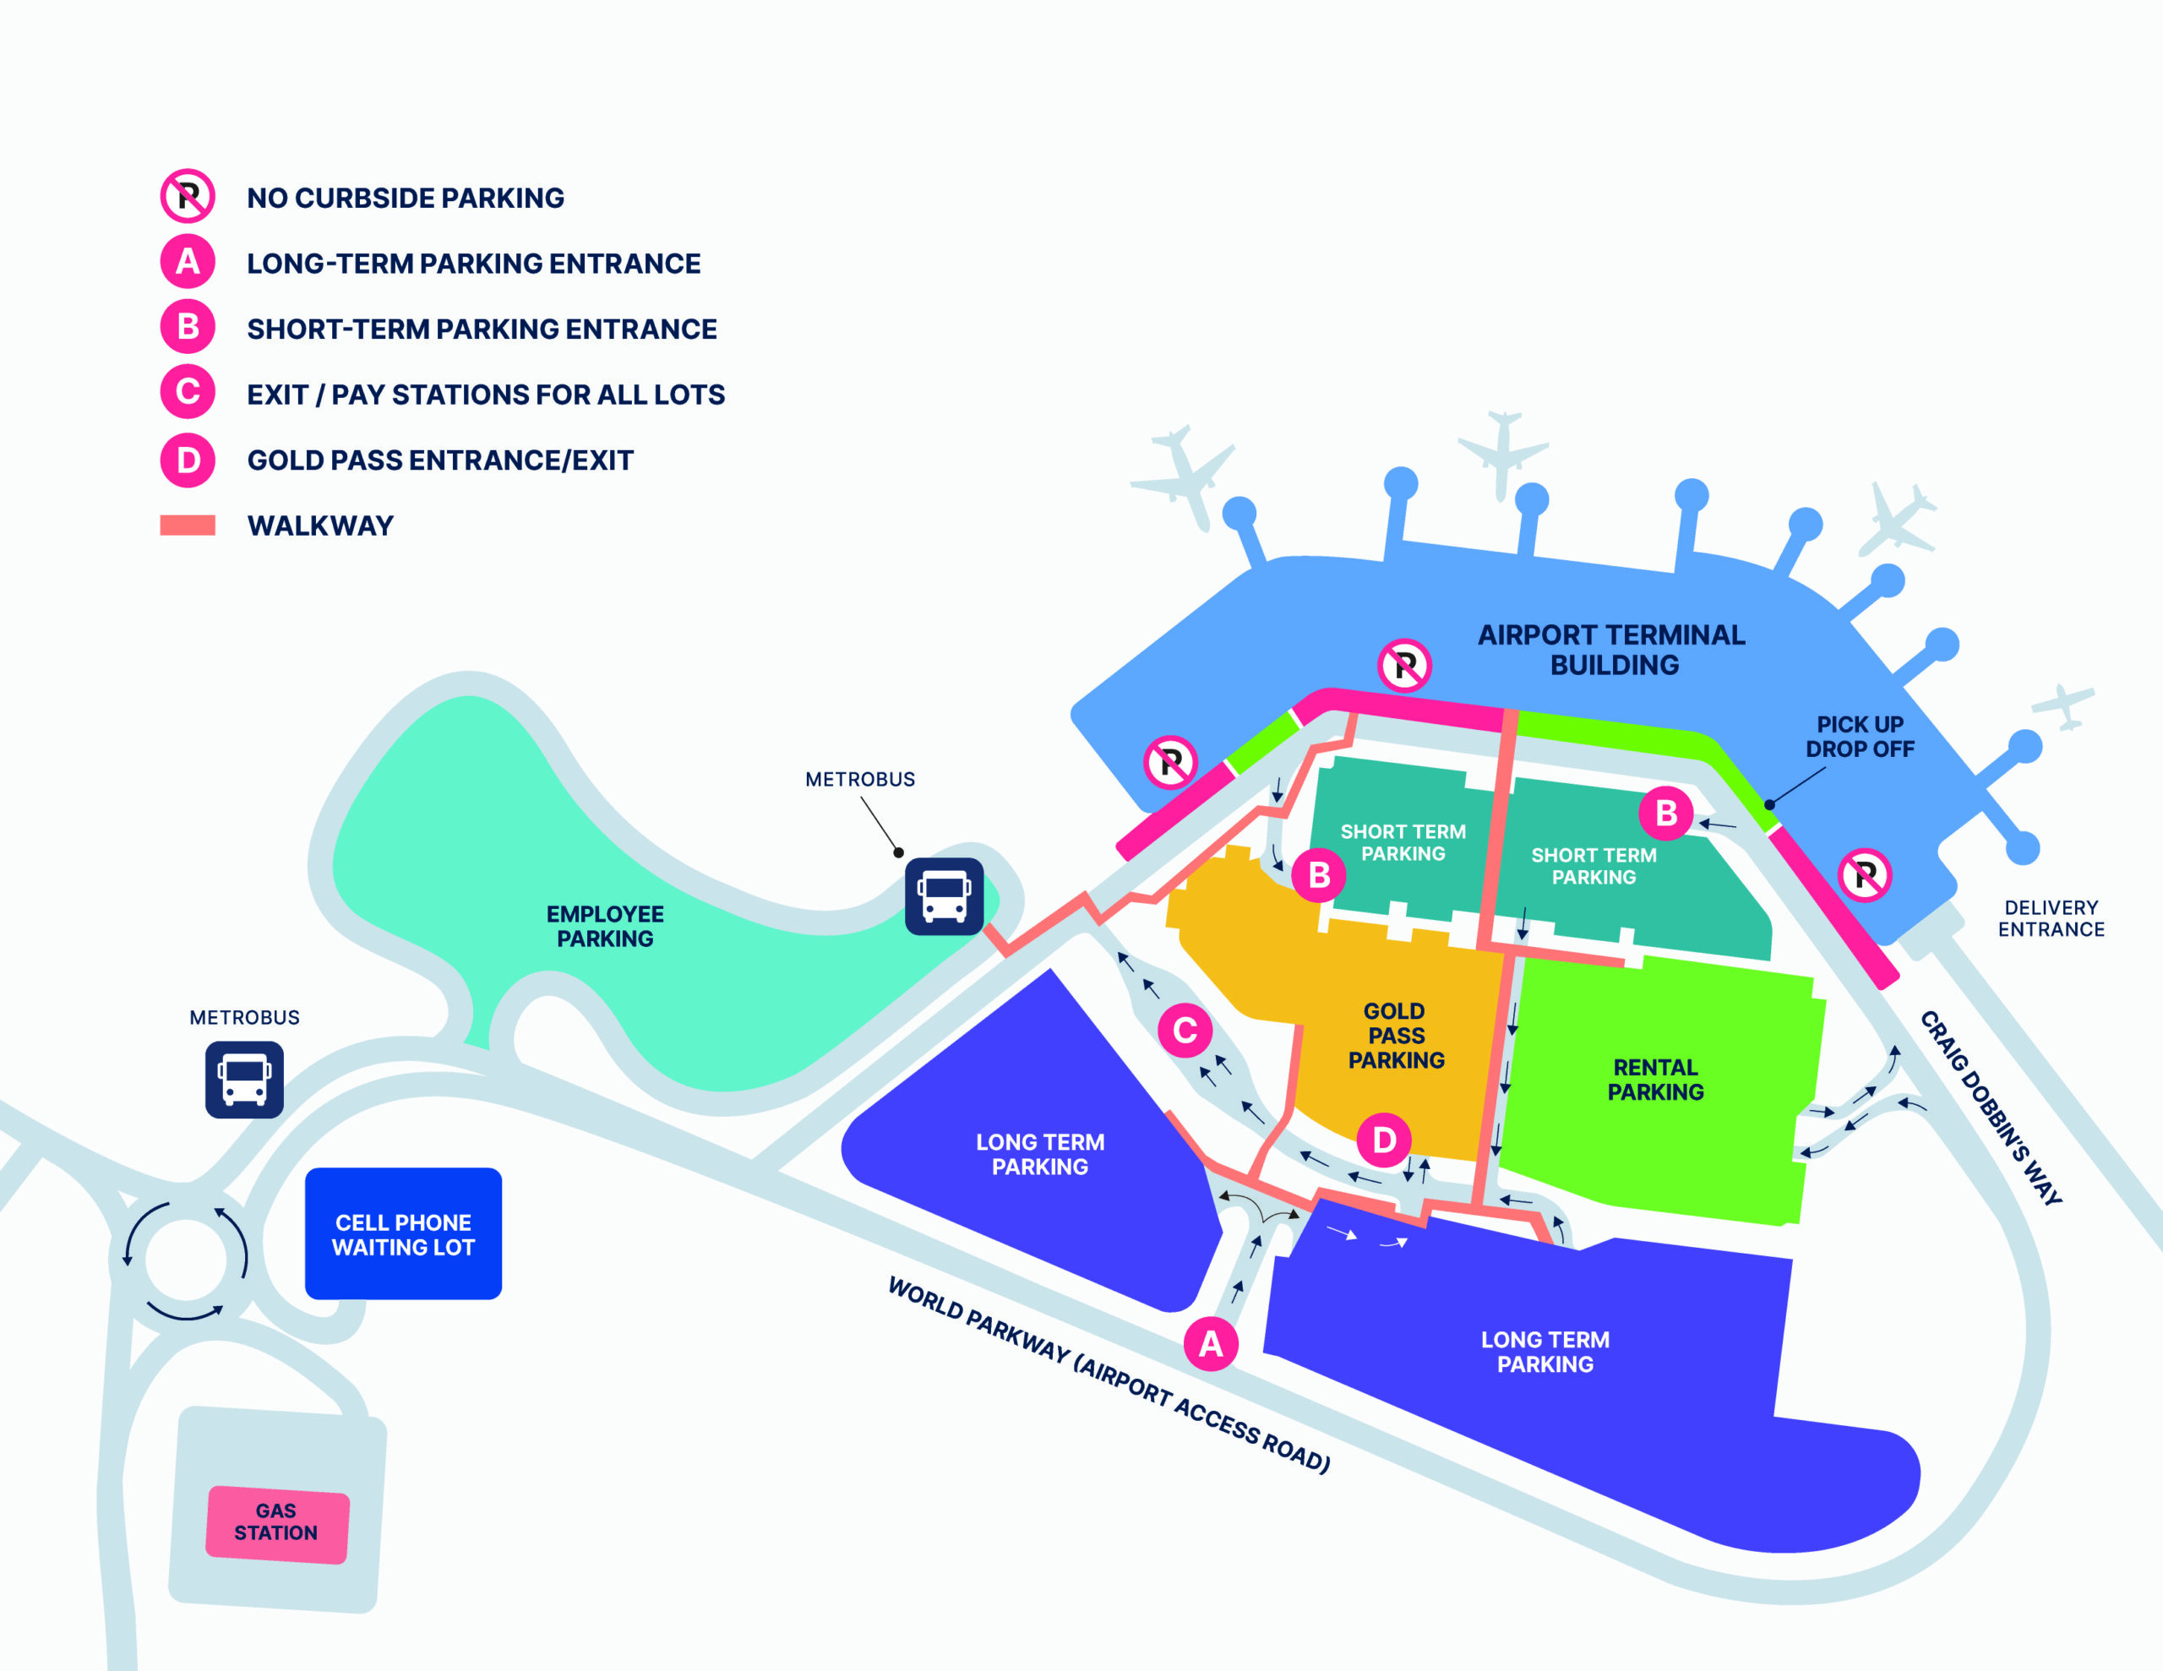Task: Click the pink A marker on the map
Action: coord(1210,1344)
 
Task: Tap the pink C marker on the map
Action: coord(1185,1030)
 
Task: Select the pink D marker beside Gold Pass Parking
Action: coord(1384,1140)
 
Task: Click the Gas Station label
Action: coord(276,1521)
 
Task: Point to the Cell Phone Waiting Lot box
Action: coord(403,1233)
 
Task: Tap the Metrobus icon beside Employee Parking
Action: coord(944,896)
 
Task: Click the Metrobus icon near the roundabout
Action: coord(245,1080)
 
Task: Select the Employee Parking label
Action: coord(605,926)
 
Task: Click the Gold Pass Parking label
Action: coord(1397,1035)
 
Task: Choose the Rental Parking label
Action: coord(1656,1080)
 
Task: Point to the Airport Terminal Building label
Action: coord(1612,650)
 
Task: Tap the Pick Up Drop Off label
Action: coord(1860,736)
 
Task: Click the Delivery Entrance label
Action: coord(2051,918)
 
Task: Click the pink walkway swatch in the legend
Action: coord(188,525)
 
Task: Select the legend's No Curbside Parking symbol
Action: coord(188,196)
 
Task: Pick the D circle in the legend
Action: coord(188,460)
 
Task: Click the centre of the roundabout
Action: coord(185,1259)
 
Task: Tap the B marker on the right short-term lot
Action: coord(1666,814)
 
